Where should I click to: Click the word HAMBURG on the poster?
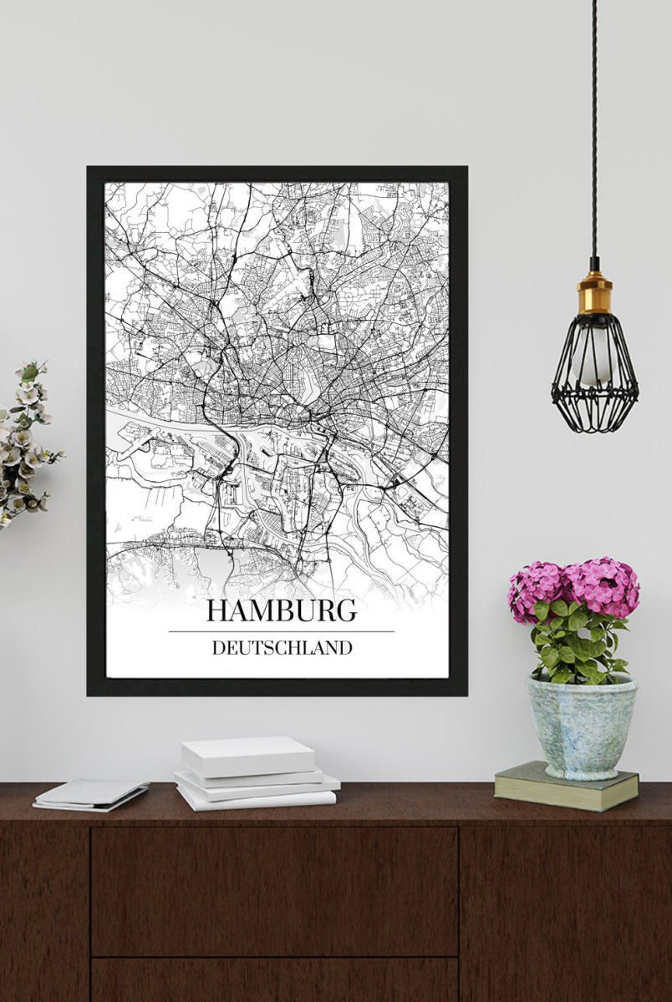(x=281, y=610)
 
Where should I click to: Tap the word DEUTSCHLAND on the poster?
(x=282, y=648)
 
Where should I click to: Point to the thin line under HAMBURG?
(x=281, y=631)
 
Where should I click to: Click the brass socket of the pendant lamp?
(x=594, y=292)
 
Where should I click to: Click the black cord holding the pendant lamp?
(x=594, y=125)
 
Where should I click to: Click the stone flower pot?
(x=581, y=726)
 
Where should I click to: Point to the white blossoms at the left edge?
(x=23, y=443)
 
